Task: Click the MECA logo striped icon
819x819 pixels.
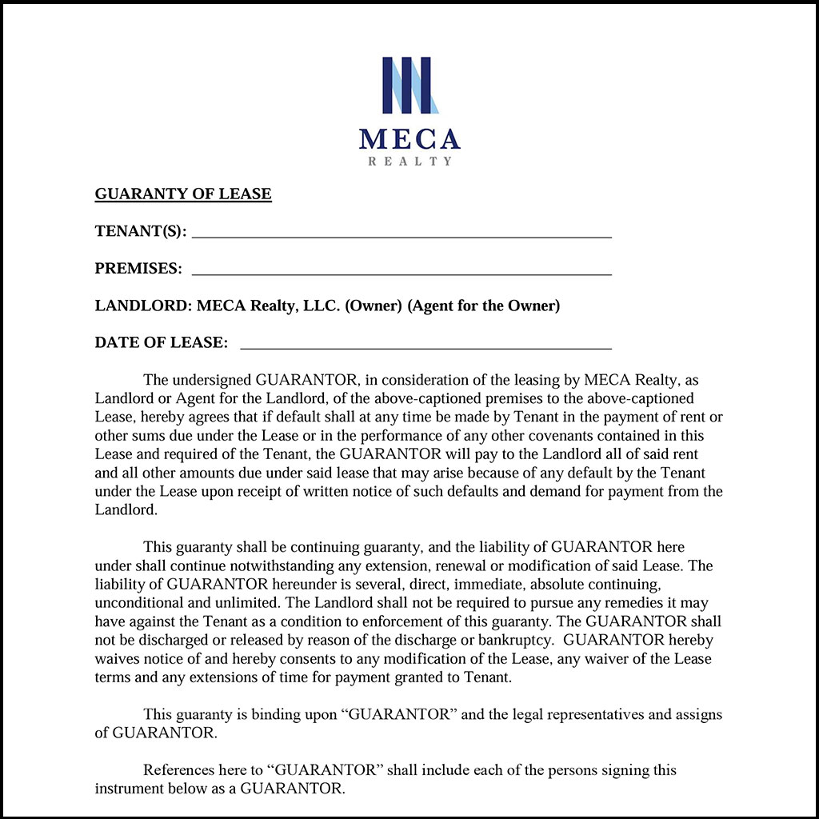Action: [x=409, y=85]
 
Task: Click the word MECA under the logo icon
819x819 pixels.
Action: [x=409, y=139]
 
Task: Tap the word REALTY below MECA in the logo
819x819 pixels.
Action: [x=409, y=162]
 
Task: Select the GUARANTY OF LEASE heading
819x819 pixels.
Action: [x=183, y=194]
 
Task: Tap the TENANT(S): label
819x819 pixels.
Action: [x=141, y=232]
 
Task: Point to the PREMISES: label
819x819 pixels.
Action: [x=138, y=269]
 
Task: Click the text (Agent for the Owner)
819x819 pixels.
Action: [x=484, y=306]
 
